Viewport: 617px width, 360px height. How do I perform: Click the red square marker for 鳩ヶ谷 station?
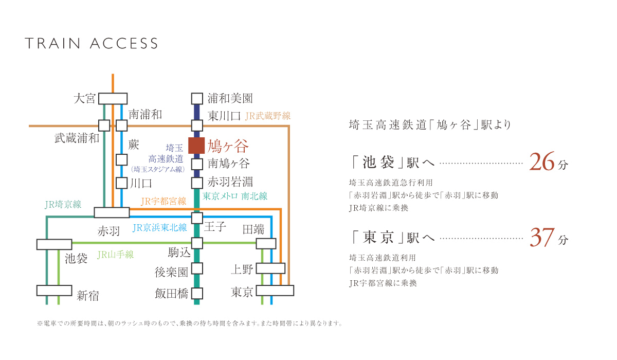[x=197, y=146]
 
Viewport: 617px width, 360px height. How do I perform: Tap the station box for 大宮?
[x=113, y=98]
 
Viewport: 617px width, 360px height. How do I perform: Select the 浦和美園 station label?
[x=230, y=98]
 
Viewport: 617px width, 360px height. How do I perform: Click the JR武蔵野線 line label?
[x=268, y=116]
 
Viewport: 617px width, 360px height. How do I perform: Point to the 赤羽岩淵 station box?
[x=197, y=183]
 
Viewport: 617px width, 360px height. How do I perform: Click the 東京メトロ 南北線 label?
[x=235, y=196]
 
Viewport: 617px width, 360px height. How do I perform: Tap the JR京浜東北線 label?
[x=159, y=227]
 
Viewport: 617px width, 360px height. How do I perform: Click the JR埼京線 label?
[x=63, y=205]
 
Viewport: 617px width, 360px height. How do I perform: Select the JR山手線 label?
[x=115, y=254]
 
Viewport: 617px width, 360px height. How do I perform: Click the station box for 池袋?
[x=54, y=244]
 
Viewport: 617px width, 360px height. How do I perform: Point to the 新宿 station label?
[x=88, y=296]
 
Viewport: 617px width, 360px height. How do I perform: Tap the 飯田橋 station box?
[x=197, y=293]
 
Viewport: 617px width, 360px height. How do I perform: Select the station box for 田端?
[x=266, y=244]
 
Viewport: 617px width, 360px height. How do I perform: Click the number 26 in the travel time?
[x=542, y=163]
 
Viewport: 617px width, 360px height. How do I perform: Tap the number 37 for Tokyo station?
[x=542, y=238]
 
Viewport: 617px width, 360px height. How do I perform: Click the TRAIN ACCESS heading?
[x=92, y=44]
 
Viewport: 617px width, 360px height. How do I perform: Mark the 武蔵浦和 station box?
[x=104, y=125]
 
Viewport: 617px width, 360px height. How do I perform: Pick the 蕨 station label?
[x=134, y=146]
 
